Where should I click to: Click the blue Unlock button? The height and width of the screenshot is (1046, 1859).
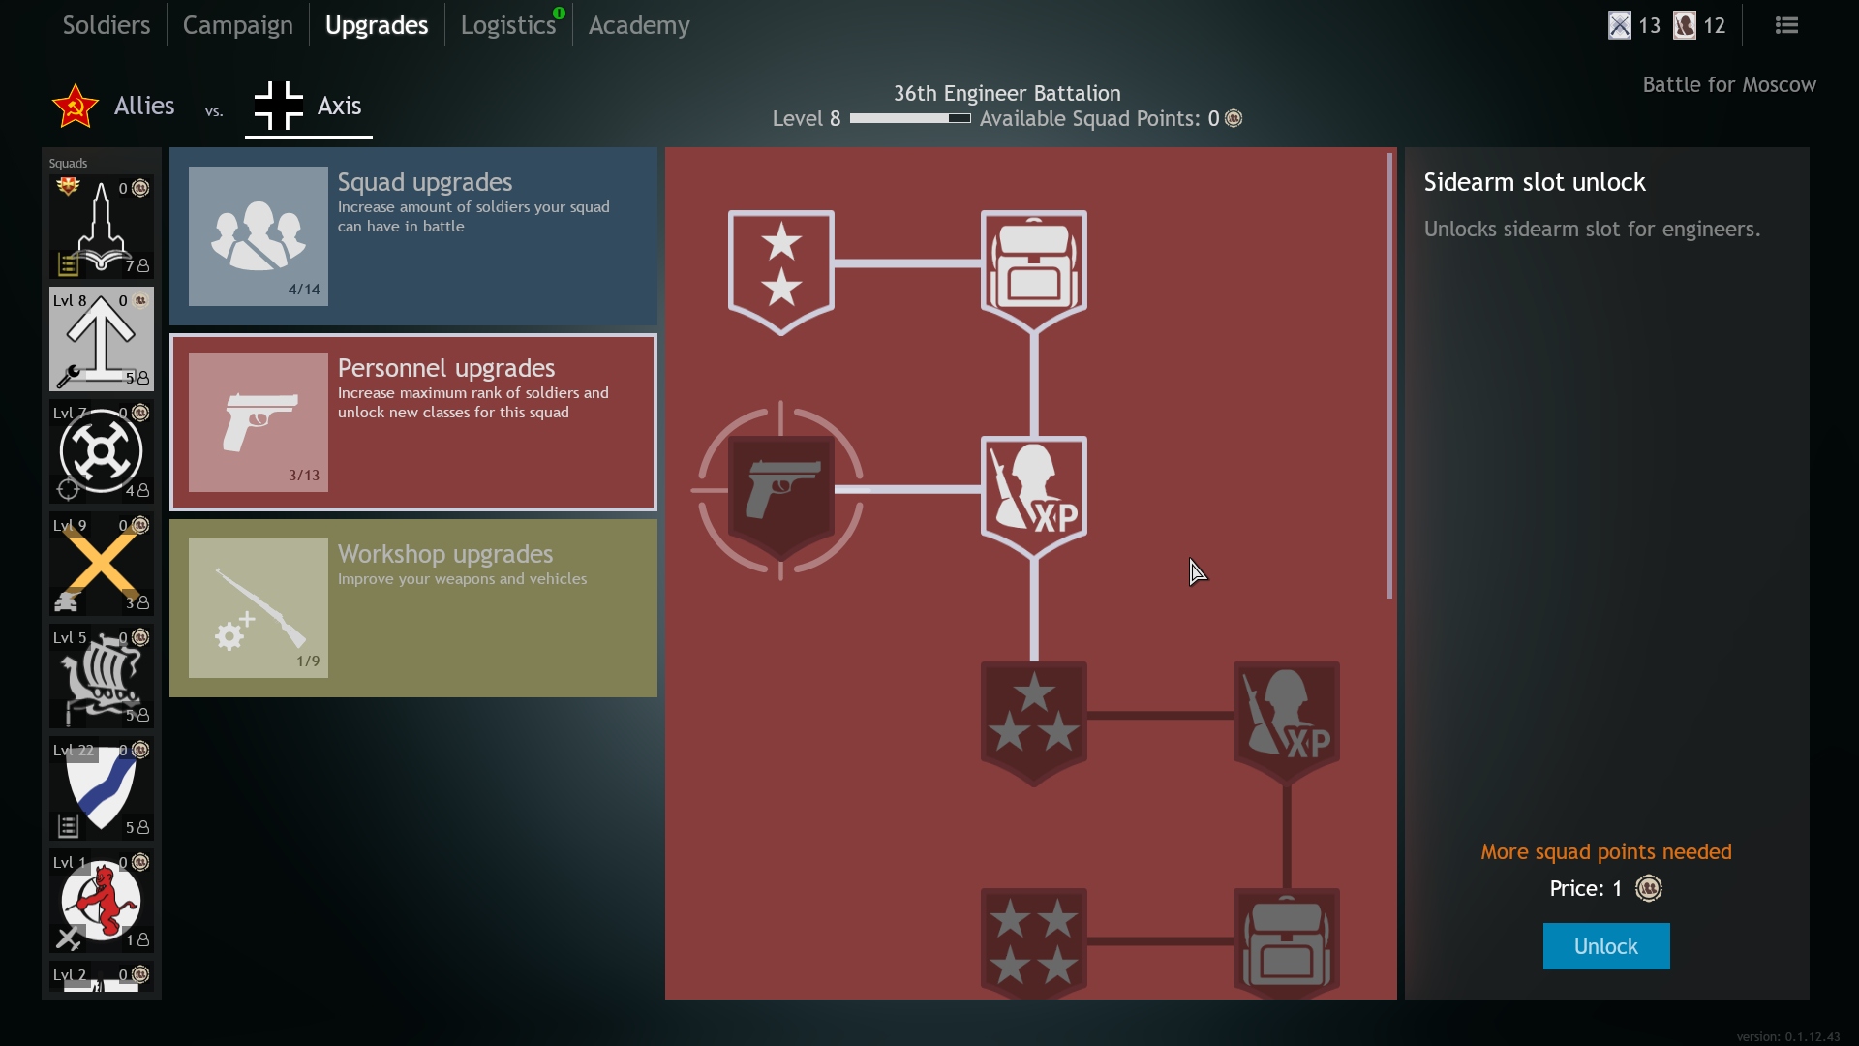point(1605,946)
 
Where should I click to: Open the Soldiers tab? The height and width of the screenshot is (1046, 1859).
point(107,25)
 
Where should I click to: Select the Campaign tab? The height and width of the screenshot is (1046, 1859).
point(237,25)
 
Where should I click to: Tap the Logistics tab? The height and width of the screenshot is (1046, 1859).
point(508,25)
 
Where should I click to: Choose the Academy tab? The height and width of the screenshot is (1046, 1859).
point(639,25)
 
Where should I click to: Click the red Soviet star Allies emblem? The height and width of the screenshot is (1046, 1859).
point(75,106)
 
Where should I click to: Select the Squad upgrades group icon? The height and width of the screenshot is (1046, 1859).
point(259,236)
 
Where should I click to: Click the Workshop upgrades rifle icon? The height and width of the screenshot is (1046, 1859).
point(259,608)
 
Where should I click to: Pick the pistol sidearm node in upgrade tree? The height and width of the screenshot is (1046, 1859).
point(780,491)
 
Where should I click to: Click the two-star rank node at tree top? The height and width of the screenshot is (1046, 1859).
point(780,272)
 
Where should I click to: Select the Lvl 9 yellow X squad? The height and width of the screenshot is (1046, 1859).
point(102,564)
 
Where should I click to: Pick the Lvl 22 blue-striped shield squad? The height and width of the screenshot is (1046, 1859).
point(102,788)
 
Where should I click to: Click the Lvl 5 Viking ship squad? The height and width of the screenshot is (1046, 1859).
point(102,676)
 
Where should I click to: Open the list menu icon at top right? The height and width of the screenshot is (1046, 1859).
point(1786,25)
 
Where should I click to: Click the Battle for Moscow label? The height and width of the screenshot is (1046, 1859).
point(1729,85)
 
